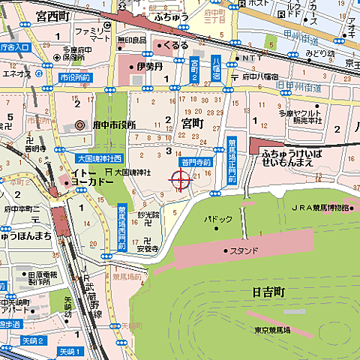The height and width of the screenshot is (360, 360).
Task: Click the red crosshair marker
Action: [180, 179]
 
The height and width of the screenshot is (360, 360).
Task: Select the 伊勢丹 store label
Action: [149, 67]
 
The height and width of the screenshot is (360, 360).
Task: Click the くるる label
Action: [175, 46]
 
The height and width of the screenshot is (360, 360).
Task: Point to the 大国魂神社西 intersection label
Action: [99, 158]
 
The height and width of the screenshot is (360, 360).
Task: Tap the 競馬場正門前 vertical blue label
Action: [232, 160]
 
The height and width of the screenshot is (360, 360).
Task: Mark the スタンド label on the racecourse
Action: [244, 250]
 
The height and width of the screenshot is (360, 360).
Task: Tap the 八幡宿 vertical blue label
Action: [215, 68]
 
